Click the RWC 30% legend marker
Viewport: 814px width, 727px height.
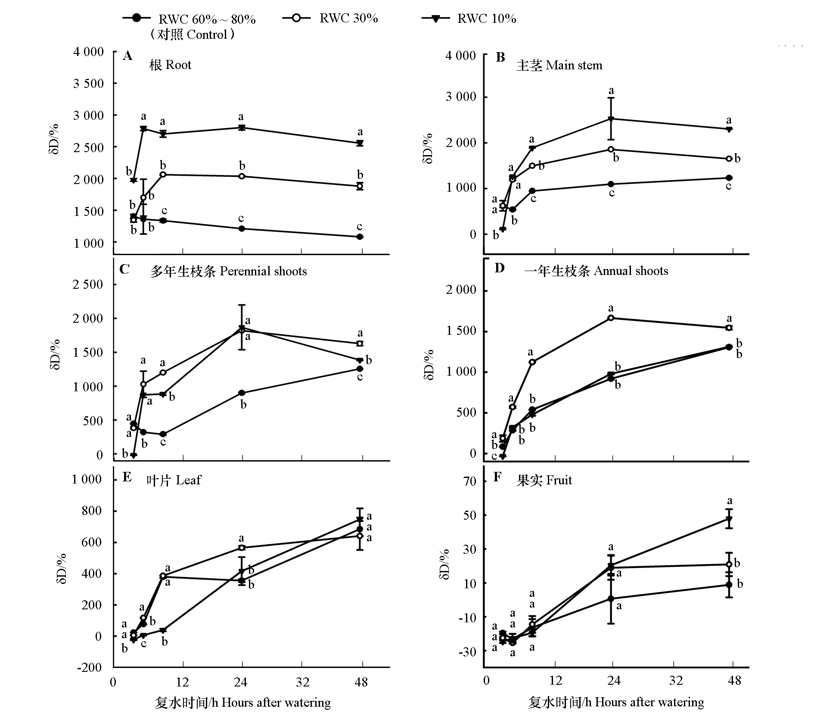(x=296, y=18)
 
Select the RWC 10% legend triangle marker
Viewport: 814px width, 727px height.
(x=435, y=19)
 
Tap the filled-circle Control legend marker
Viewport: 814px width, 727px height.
(x=137, y=18)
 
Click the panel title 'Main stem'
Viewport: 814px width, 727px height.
(x=574, y=66)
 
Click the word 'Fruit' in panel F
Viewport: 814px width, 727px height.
(x=559, y=480)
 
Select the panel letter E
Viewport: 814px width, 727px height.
(x=127, y=477)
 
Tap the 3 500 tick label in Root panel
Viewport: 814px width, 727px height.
(x=88, y=84)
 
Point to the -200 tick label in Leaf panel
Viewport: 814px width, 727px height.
(x=89, y=668)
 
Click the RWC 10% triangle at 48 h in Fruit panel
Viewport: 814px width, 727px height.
(x=729, y=519)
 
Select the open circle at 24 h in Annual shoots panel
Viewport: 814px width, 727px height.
(x=611, y=318)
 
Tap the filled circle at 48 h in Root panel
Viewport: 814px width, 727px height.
(x=360, y=237)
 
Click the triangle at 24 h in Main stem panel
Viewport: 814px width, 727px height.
(x=611, y=119)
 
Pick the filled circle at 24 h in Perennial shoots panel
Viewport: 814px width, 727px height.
(x=242, y=393)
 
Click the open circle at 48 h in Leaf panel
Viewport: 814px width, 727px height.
(x=360, y=536)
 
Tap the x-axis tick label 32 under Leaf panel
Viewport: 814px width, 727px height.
(x=302, y=682)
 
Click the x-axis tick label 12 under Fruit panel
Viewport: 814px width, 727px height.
(x=555, y=680)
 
